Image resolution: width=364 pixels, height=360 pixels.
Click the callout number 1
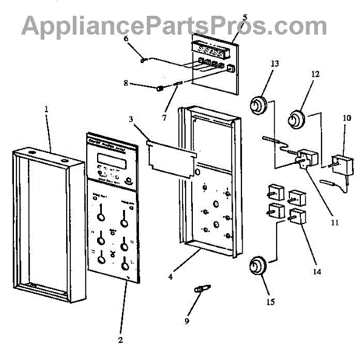(x=47, y=109)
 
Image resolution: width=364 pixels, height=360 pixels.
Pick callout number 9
(x=187, y=320)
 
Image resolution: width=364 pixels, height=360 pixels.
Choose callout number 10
(x=346, y=127)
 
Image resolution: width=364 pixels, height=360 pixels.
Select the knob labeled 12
(x=297, y=118)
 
